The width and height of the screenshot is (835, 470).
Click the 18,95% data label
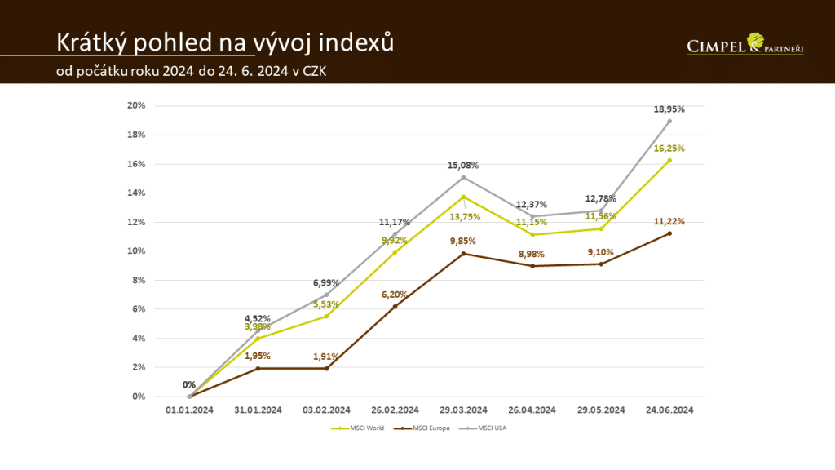669,109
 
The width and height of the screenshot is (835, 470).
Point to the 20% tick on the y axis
136,106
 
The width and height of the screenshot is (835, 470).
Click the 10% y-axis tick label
136,251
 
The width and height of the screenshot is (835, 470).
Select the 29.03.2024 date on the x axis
464,410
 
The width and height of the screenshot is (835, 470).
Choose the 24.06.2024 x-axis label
669,410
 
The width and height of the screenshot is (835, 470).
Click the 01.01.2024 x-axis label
189,410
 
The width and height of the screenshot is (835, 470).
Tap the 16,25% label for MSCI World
669,149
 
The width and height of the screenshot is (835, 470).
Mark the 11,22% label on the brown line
669,221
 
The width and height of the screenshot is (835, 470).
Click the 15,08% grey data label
463,166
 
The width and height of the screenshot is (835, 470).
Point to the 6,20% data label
395,295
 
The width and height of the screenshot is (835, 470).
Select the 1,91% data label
326,357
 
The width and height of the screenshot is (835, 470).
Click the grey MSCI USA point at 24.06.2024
669,121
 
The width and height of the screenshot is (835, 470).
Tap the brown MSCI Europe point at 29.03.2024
464,254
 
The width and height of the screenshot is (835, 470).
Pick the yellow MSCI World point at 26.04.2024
532,235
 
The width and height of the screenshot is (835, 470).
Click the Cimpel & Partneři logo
745,45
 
